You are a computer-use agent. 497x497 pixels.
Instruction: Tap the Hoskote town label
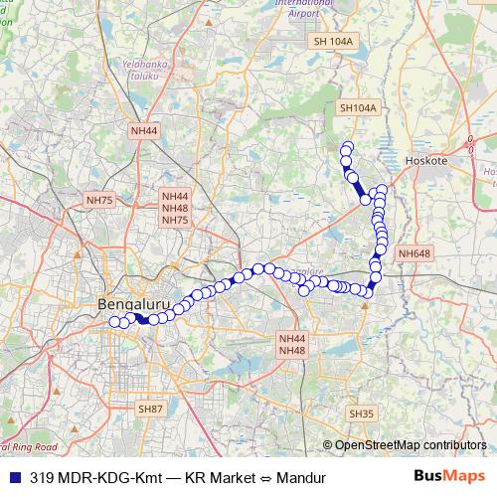click(428, 159)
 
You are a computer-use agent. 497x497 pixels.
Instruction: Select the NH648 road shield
click(414, 254)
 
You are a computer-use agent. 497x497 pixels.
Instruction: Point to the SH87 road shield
click(150, 409)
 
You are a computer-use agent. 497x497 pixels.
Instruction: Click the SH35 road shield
click(361, 413)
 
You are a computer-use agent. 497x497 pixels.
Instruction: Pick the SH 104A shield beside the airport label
click(333, 42)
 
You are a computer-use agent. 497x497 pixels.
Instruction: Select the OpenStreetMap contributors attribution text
click(410, 445)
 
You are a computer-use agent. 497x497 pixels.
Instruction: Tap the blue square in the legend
click(14, 477)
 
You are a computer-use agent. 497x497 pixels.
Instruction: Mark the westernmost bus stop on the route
click(113, 321)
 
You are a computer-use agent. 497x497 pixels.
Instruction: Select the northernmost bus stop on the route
click(347, 148)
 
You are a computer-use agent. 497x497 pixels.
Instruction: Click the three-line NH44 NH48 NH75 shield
click(175, 208)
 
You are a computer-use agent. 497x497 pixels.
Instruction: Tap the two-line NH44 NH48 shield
click(292, 344)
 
